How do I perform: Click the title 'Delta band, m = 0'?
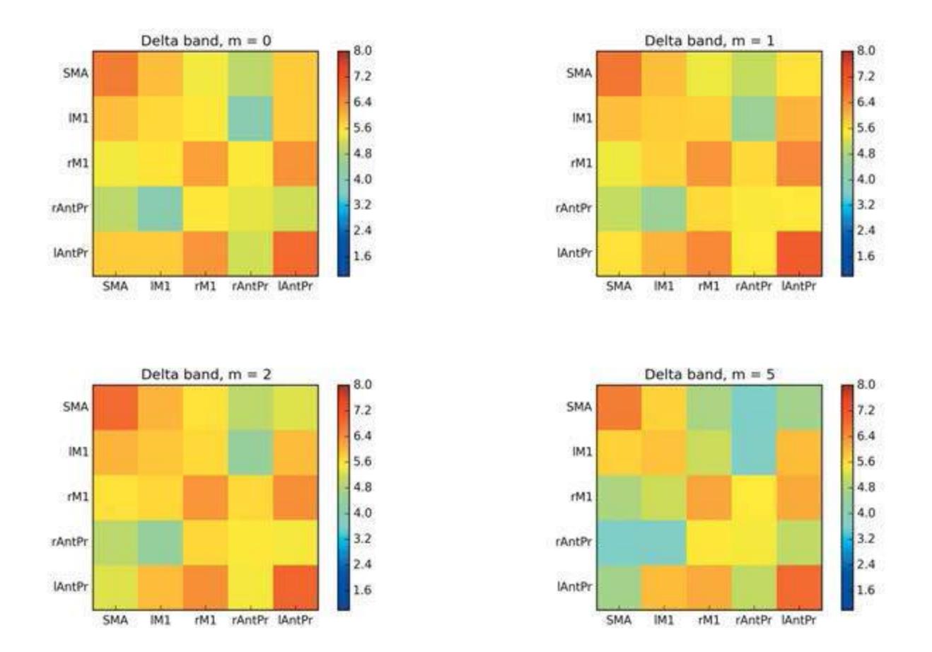coord(206,40)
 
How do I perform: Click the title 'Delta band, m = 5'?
coord(709,374)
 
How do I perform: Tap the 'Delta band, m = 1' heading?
coord(709,40)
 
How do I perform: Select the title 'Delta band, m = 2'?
coord(206,374)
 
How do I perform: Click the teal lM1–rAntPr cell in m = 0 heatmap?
coord(250,118)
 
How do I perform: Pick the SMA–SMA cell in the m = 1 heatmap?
coord(619,73)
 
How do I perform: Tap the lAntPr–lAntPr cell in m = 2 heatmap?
coord(296,587)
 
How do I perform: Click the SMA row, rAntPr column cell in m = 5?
coord(754,407)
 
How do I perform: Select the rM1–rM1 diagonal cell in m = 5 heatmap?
coord(709,497)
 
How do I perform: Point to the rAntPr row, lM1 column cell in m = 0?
coord(161,208)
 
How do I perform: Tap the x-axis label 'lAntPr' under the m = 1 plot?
coord(799,286)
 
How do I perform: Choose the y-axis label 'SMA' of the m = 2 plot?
coord(76,407)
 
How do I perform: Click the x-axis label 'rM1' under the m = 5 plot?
coord(709,620)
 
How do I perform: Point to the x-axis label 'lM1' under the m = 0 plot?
coord(161,286)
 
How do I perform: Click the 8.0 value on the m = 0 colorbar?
coord(363,51)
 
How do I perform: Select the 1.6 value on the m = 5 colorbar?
coord(866,590)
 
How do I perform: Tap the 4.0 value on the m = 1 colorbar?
coord(866,179)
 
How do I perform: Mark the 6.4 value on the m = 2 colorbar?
coord(363,436)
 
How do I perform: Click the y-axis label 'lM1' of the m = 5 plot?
coord(582,452)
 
